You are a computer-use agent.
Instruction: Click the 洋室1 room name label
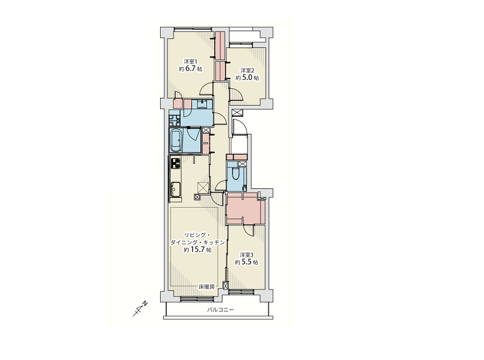(191, 61)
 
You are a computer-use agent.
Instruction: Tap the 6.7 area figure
(191, 68)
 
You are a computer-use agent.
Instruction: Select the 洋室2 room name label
(247, 70)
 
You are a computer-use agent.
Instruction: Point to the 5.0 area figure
(248, 77)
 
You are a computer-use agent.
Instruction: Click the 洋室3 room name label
(247, 255)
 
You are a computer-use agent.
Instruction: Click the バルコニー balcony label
(220, 310)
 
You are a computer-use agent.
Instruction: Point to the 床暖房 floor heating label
(206, 287)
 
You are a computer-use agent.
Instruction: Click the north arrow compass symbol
(140, 308)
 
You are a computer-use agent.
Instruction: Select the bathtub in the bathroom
(176, 141)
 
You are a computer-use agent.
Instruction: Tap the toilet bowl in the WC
(236, 174)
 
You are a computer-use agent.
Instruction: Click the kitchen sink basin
(176, 188)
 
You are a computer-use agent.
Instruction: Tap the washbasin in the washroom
(202, 104)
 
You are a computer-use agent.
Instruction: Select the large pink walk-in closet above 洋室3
(246, 208)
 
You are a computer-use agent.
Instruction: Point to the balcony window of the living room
(197, 298)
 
